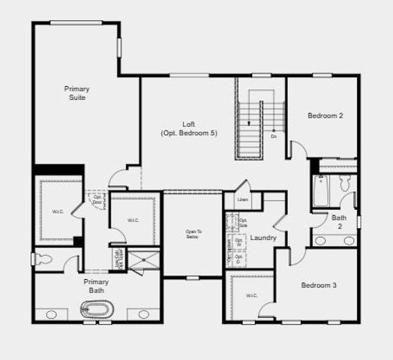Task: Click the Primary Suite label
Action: click(75, 93)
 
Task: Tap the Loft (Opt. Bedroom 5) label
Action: click(188, 128)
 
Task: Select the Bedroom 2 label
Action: click(325, 115)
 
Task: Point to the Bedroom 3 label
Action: click(319, 285)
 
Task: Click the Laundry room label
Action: click(264, 238)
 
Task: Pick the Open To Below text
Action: click(193, 234)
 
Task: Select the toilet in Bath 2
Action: click(345, 182)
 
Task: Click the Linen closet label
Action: click(242, 200)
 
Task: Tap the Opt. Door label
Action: click(97, 200)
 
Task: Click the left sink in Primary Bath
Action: click(50, 313)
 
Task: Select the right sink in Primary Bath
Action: click(142, 313)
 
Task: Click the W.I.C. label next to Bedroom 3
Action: click(251, 295)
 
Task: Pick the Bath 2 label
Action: click(339, 221)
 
